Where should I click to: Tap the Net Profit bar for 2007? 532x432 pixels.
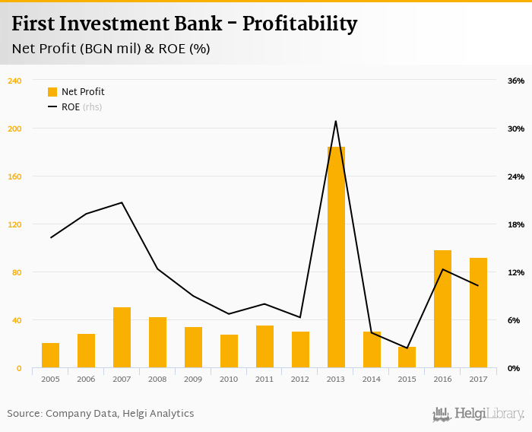click(122, 338)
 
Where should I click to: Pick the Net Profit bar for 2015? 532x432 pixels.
click(407, 357)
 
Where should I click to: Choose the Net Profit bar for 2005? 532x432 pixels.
click(51, 355)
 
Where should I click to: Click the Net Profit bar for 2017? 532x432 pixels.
click(478, 313)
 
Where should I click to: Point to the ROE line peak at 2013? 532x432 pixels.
click(336, 121)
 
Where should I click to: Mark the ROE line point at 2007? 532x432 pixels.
click(122, 202)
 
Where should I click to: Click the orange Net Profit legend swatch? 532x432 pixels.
click(52, 92)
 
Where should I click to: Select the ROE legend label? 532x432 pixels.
click(71, 107)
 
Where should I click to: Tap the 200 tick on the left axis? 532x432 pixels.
click(14, 129)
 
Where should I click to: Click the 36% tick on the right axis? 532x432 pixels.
click(516, 81)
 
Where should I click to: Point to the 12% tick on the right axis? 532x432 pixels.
click(516, 272)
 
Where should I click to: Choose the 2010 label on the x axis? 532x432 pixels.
click(229, 379)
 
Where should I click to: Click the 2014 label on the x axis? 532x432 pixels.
click(372, 379)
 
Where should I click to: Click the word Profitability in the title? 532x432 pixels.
click(299, 24)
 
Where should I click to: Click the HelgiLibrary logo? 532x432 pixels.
click(479, 414)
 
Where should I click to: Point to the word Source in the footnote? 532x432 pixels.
click(24, 414)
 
